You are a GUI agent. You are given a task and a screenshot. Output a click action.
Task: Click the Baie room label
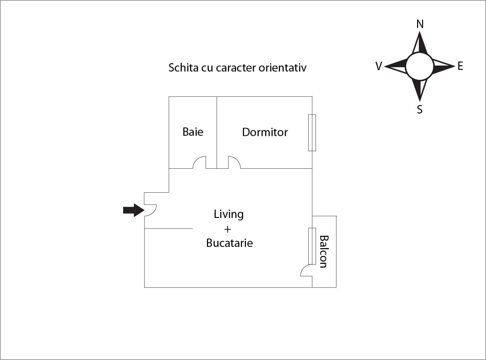193,132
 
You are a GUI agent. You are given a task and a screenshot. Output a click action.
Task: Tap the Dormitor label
265,132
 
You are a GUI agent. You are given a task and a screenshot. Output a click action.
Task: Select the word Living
229,214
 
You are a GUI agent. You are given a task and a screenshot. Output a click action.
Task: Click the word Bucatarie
229,243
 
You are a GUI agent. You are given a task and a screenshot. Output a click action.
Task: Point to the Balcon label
324,252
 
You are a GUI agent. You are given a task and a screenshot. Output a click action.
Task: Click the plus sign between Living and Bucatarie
228,229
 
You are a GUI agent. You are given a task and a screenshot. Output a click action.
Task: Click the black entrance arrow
134,210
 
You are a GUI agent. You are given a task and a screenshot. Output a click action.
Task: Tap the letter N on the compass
420,24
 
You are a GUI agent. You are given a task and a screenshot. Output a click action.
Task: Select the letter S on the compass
420,109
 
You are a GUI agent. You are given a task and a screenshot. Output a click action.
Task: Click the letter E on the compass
460,66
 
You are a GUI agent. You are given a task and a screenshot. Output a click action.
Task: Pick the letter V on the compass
379,66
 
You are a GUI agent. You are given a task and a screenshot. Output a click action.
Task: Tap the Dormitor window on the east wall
312,132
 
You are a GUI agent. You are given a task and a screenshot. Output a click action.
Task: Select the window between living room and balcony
312,246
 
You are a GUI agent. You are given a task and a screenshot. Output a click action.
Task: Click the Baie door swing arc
199,162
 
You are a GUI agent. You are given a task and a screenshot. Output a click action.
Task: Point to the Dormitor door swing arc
234,162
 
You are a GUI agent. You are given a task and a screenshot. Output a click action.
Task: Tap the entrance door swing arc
150,210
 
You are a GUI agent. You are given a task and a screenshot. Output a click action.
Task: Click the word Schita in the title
183,68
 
